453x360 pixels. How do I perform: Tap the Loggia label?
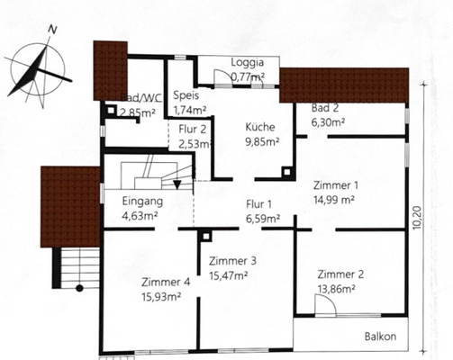247,63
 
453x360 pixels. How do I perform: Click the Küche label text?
261,127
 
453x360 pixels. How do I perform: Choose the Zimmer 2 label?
340,275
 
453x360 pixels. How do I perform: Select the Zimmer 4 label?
166,282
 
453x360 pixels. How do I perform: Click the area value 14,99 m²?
334,200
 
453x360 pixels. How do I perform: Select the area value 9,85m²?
263,140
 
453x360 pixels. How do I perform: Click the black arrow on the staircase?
177,184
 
